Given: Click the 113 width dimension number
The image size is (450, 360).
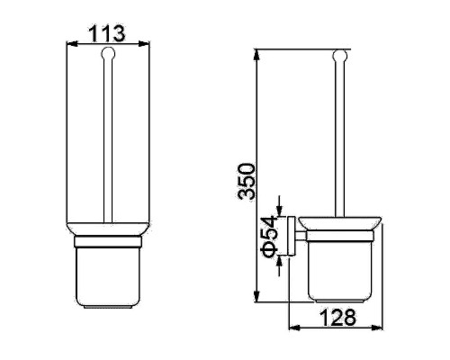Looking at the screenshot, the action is point(107,33).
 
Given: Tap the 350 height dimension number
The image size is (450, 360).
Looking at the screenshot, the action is point(246,182).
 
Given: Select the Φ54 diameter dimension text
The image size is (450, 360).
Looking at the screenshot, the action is point(268,236).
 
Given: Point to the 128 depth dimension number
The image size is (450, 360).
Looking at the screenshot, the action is point(337,317).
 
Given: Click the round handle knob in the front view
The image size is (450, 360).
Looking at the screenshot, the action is point(108,54).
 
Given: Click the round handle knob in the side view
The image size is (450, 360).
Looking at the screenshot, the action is point(340,56).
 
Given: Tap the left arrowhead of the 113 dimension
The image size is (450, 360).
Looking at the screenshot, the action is point(72,44).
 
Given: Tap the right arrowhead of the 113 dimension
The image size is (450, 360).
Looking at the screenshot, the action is point(143,44).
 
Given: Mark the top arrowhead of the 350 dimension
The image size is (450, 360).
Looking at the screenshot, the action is point(256,55).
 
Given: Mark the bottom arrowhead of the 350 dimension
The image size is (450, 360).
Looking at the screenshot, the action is point(256,296).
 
